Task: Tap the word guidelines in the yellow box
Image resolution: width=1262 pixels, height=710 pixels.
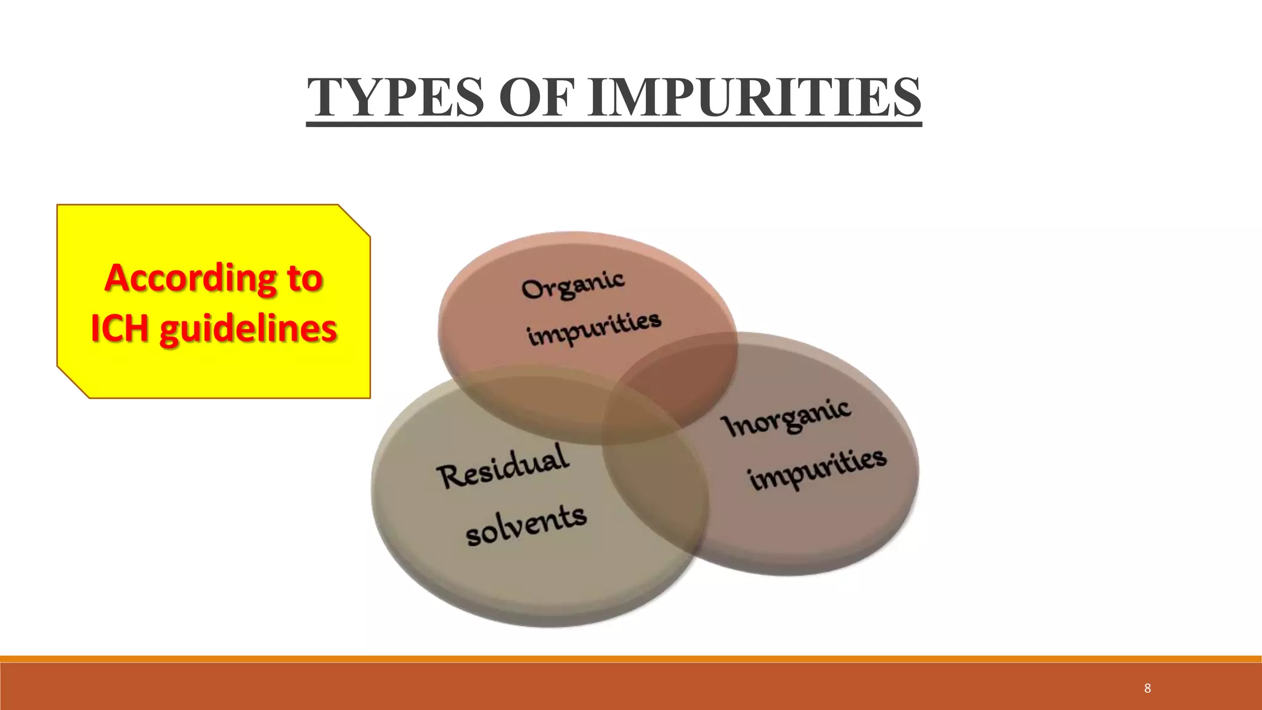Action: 248,329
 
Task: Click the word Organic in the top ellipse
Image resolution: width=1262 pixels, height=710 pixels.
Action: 572,285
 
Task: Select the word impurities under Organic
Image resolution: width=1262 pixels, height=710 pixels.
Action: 594,328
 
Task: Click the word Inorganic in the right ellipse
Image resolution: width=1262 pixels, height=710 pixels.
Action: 787,418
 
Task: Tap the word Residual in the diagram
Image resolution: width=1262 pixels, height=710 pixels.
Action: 502,467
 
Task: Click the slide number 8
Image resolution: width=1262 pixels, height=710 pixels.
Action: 1147,688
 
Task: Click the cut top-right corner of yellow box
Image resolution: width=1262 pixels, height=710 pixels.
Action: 354,220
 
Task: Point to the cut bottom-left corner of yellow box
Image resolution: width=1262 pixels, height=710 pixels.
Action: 73,383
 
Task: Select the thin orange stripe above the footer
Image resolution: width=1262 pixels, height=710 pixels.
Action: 631,659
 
